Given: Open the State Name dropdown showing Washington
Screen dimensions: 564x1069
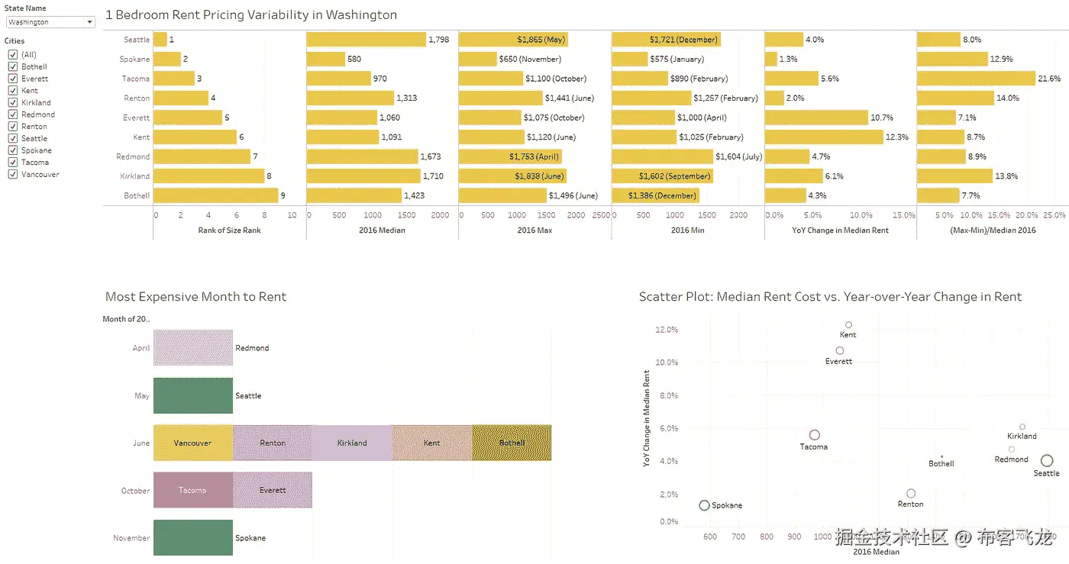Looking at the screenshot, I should click(x=50, y=22).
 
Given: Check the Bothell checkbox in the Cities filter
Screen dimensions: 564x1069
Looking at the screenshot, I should click(x=13, y=66).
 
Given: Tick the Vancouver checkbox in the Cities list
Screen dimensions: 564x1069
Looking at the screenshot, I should click(x=13, y=174).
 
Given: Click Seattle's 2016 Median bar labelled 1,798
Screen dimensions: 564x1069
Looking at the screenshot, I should click(x=366, y=40).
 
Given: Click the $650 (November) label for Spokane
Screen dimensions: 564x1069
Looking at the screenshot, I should click(x=529, y=59).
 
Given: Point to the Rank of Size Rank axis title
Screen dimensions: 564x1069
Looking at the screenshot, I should click(x=230, y=230).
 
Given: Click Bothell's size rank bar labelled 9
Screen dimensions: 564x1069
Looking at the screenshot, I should click(x=215, y=195).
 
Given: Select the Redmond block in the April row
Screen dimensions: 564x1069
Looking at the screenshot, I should click(x=193, y=348).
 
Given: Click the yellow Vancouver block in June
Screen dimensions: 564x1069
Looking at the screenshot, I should click(x=193, y=443).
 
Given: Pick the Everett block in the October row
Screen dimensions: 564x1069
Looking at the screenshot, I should click(x=273, y=490).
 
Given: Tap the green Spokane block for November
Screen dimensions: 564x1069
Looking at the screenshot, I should click(x=193, y=537).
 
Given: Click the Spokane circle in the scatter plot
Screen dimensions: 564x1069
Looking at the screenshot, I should click(x=704, y=505).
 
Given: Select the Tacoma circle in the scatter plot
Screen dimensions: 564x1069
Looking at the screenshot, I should click(x=815, y=435).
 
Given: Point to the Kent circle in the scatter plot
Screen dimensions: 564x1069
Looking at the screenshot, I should click(x=848, y=325).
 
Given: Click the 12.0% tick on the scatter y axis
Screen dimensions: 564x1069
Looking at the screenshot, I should click(x=667, y=330).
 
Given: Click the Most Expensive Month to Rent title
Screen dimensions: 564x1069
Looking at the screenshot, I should click(x=195, y=297).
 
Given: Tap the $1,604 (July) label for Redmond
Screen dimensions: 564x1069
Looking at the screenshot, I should click(x=738, y=156).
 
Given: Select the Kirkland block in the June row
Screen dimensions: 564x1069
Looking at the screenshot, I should click(x=352, y=443).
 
